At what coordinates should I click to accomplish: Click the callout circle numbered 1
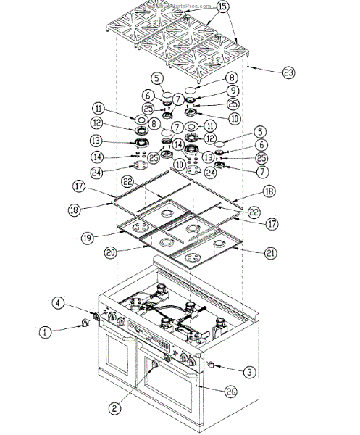click(x=46, y=333)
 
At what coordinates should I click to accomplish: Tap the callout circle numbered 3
click(x=248, y=372)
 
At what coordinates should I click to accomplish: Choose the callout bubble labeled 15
click(x=222, y=7)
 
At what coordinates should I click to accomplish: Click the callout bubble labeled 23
click(x=288, y=72)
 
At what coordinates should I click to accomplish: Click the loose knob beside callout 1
click(x=88, y=321)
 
